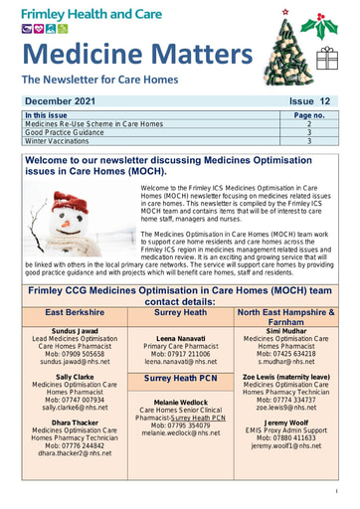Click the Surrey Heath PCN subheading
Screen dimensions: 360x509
(x=181, y=379)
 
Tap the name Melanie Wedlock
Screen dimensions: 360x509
(x=180, y=402)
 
